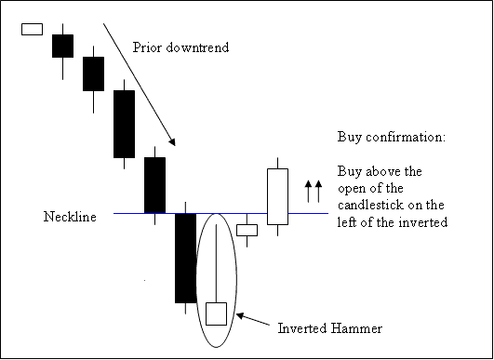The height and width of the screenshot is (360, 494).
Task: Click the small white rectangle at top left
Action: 33,28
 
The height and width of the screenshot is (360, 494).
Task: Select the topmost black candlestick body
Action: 62,46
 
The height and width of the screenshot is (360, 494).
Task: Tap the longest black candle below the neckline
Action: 186,258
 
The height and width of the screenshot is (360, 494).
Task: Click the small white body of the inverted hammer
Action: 216,313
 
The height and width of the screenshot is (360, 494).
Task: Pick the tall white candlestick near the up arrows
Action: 277,196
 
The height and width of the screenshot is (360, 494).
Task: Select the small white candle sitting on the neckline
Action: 247,230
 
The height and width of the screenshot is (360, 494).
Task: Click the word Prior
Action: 149,47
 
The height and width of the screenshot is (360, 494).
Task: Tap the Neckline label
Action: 69,217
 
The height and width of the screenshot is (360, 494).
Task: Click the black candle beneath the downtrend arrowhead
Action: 154,184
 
